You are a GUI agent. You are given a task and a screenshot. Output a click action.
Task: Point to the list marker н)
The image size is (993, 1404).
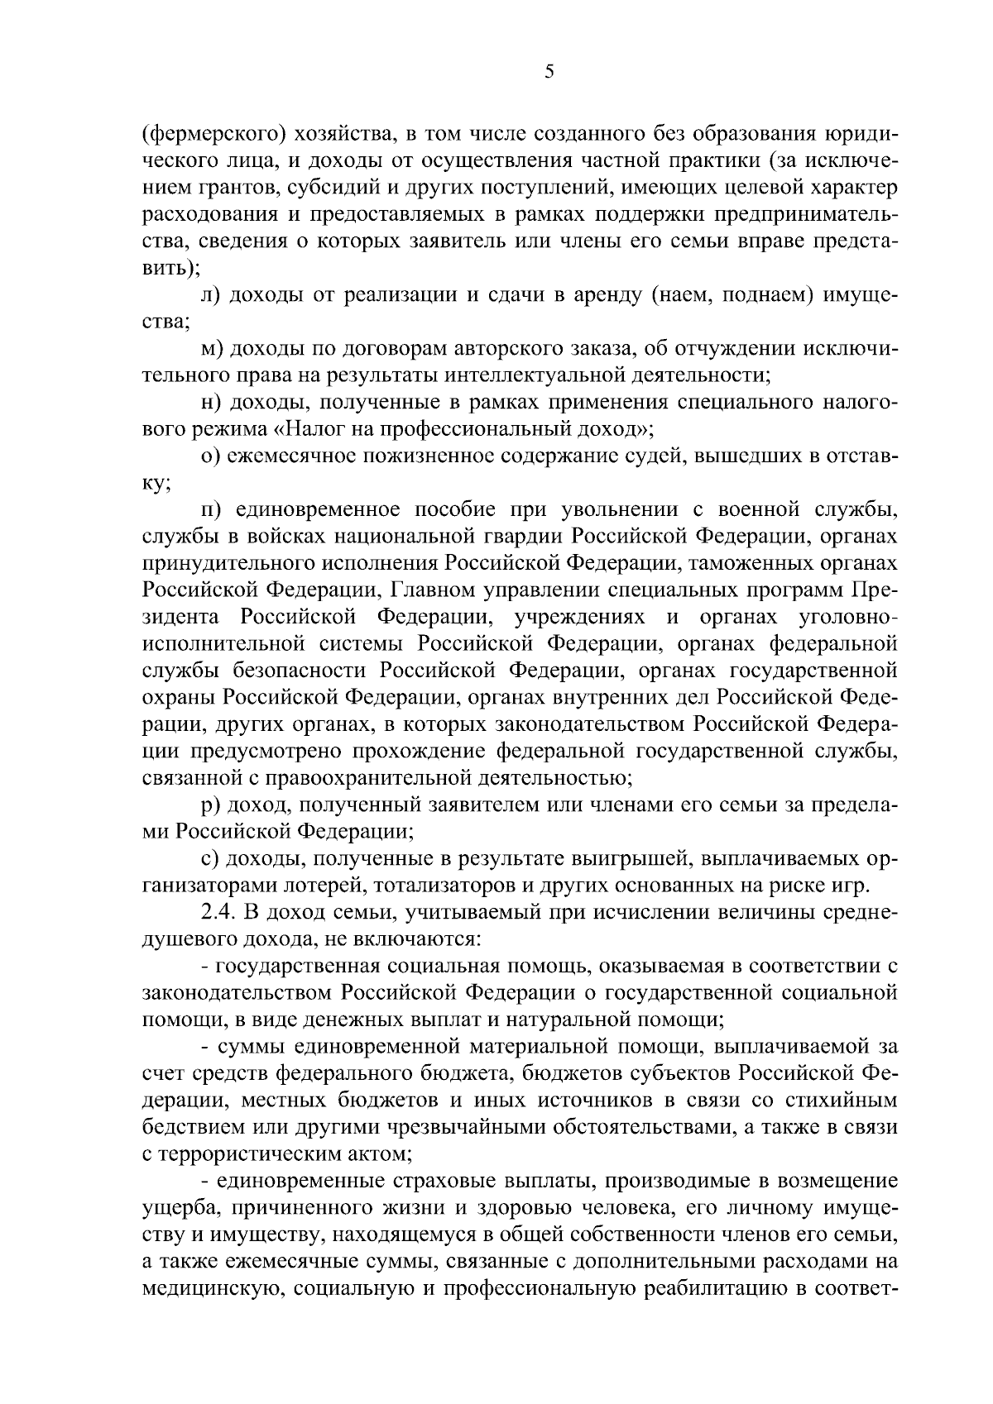[210, 403]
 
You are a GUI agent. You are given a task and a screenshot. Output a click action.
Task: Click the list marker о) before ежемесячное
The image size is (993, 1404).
[210, 456]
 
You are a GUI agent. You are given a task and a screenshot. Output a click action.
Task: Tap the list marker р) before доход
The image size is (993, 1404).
[210, 805]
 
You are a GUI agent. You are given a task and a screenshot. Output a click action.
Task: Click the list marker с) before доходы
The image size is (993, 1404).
[209, 858]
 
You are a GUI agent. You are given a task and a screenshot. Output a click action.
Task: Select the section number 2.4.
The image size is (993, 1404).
[218, 912]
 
